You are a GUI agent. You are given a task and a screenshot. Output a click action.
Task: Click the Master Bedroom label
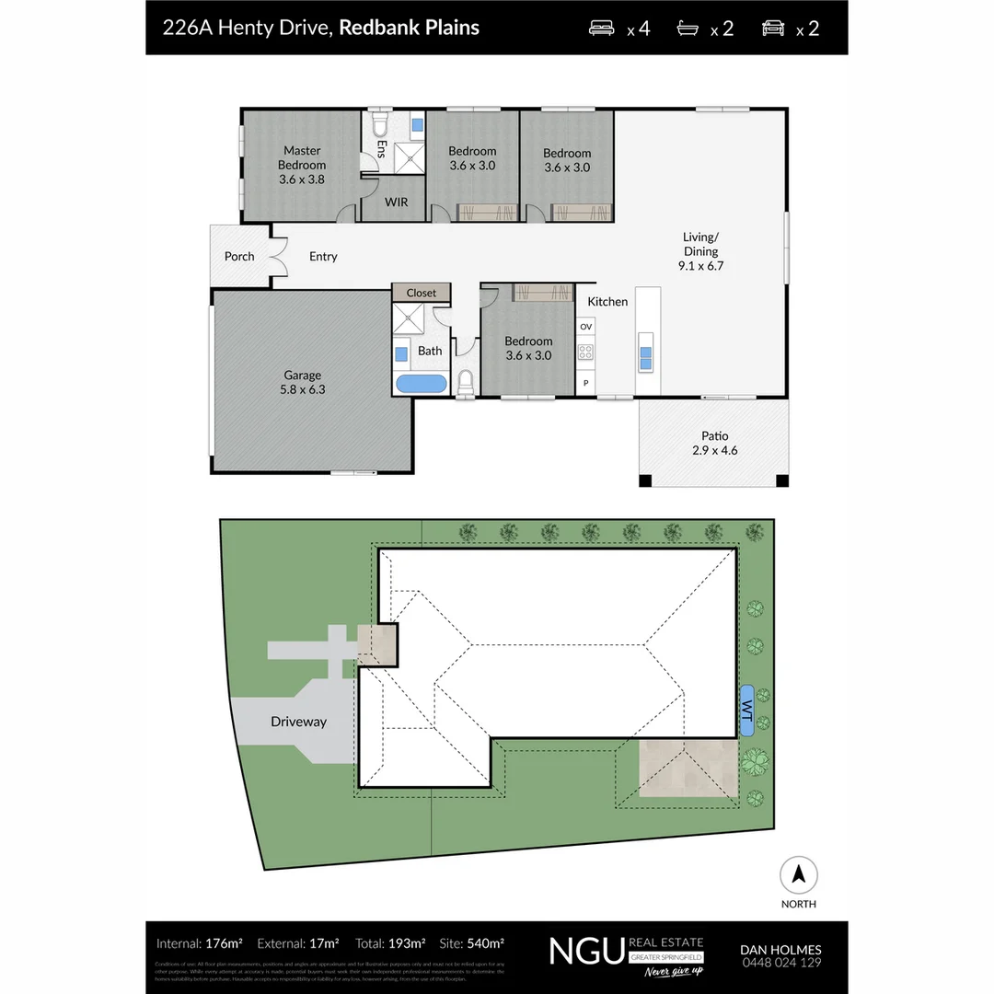(x=302, y=165)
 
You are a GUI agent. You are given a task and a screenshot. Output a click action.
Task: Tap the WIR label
(x=397, y=202)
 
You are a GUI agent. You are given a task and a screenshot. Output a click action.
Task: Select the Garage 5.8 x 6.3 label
(x=303, y=382)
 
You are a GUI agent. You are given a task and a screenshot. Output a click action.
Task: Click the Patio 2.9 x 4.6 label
(x=715, y=444)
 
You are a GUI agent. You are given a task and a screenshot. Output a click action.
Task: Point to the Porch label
(x=239, y=256)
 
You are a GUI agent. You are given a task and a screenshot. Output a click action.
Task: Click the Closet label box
(x=422, y=293)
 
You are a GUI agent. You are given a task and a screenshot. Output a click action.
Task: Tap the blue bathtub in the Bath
(x=421, y=383)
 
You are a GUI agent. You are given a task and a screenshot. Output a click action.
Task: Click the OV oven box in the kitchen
(x=586, y=327)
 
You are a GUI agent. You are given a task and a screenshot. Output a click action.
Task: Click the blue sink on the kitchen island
(x=646, y=357)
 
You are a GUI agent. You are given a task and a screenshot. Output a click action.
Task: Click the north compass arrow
(x=799, y=874)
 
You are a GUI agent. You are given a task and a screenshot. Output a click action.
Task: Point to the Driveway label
(x=298, y=722)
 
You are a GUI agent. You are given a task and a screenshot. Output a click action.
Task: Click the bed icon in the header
(x=604, y=28)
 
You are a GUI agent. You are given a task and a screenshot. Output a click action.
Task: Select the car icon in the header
(x=773, y=28)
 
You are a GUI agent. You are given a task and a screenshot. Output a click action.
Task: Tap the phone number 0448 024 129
(x=780, y=963)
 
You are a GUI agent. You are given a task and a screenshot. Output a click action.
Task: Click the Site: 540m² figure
(x=472, y=943)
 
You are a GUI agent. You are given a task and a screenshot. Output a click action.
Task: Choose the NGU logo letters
(x=586, y=950)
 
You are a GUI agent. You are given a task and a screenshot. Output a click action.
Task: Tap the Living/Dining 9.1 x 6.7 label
(x=700, y=251)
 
